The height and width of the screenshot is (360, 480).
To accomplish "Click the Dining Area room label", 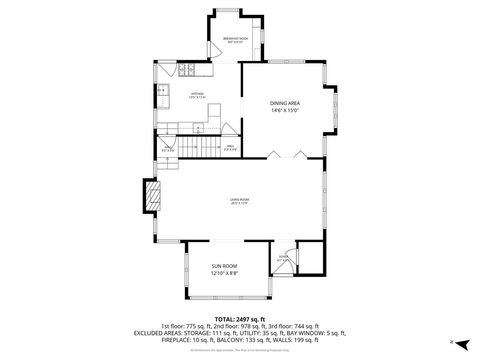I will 285,103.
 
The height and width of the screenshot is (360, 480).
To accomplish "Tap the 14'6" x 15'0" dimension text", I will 285,111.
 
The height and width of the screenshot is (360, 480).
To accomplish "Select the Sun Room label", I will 224,265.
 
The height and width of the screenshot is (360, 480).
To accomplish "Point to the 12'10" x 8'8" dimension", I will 224,273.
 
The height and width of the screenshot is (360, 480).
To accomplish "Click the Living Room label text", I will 238,200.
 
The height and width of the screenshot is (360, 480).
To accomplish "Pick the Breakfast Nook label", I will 236,38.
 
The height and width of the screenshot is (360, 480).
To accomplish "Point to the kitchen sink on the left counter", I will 162,92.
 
